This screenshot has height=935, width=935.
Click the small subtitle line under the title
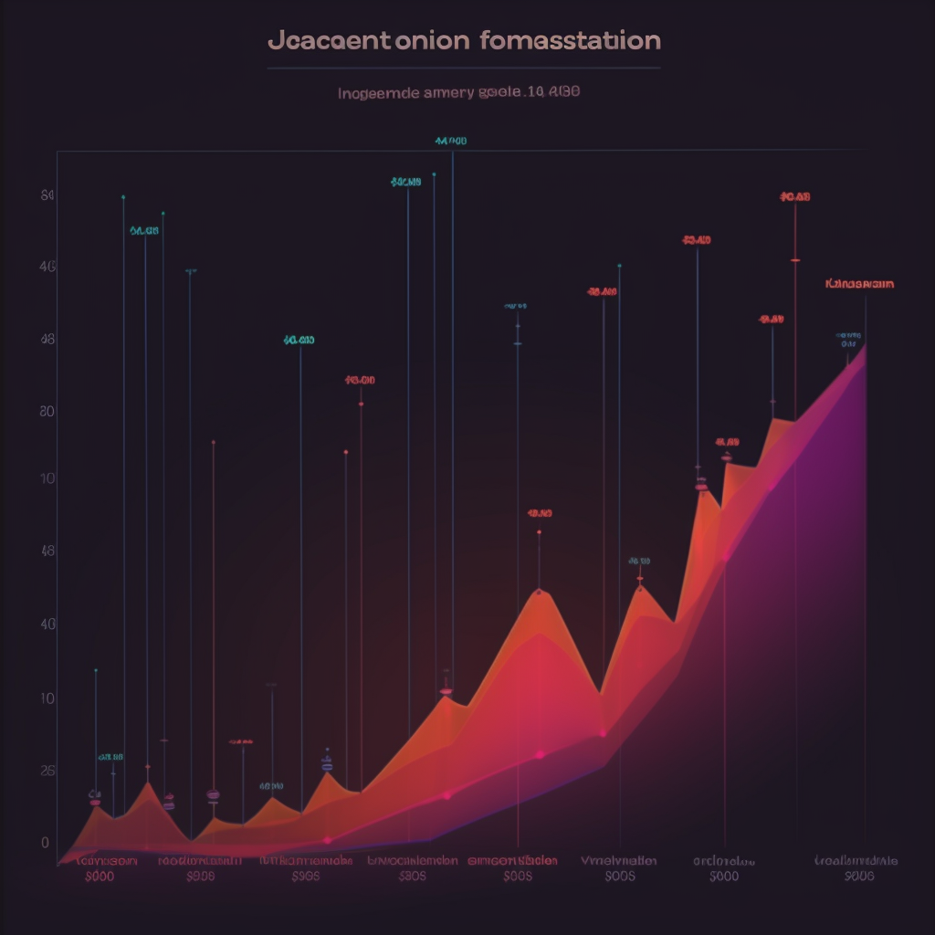click(459, 92)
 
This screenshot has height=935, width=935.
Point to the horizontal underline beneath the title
click(464, 68)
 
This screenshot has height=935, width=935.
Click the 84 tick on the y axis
click(48, 195)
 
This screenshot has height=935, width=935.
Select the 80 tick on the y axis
click(48, 411)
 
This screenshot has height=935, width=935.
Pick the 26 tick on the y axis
click(48, 771)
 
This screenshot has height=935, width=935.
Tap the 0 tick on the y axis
click(46, 842)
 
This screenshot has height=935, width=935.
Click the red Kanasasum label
click(858, 284)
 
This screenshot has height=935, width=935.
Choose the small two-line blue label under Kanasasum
click(848, 340)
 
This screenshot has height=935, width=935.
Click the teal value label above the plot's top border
click(451, 142)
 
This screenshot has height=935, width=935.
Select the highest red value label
click(795, 196)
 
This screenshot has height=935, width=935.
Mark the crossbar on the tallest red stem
click(795, 260)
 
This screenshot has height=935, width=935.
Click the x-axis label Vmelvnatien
click(619, 860)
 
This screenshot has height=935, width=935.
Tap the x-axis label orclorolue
click(723, 860)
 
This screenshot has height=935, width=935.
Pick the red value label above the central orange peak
click(540, 513)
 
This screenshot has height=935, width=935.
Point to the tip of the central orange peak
click(540, 592)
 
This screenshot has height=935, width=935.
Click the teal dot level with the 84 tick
click(123, 196)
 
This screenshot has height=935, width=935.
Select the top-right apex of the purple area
click(865, 346)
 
